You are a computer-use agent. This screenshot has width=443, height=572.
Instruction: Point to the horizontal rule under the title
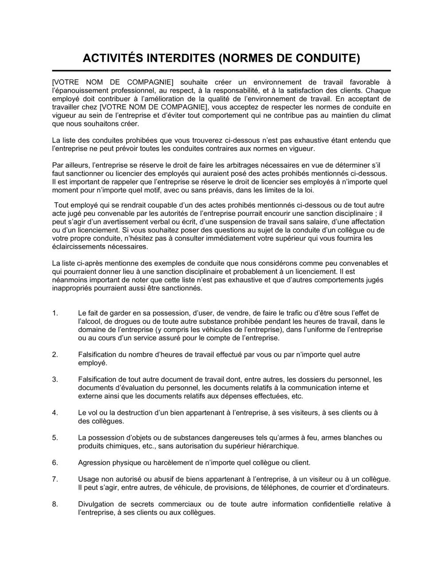point(221,71)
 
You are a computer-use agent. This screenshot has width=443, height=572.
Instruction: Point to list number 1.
point(55,313)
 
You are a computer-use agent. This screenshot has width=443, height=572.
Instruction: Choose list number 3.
point(55,380)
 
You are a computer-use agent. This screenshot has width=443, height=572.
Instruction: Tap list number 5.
point(55,438)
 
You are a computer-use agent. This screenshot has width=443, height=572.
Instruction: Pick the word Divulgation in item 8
point(96,504)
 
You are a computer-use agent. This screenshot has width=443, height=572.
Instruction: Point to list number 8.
point(55,504)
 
